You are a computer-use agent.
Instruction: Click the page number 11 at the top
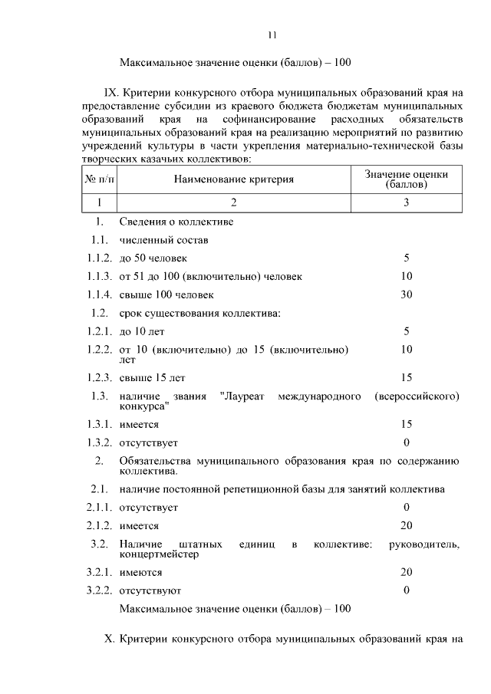point(272,35)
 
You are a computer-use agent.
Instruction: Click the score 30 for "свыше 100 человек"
point(406,294)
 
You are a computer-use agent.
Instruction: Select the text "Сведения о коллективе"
point(176,222)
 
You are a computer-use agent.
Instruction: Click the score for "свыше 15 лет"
point(406,377)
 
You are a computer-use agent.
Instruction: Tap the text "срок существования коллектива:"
point(200,313)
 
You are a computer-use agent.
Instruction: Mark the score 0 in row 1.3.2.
point(406,442)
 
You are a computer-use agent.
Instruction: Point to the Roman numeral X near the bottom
point(109,639)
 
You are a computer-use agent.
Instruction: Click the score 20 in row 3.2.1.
point(406,572)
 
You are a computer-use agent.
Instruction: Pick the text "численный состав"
point(163,240)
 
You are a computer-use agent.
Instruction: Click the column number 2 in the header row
point(234,202)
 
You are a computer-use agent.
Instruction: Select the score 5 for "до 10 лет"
point(406,331)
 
